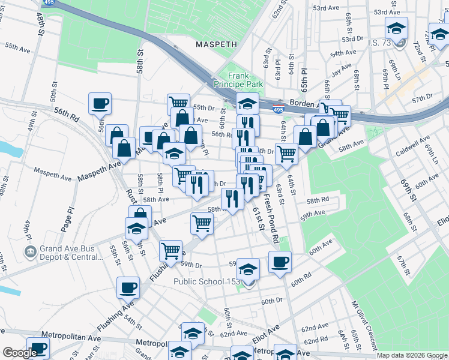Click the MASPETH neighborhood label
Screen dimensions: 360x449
click(217, 44)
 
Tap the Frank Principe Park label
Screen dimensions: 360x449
click(246, 80)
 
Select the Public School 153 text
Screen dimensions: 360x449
click(206, 281)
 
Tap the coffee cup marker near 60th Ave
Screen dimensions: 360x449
click(280, 262)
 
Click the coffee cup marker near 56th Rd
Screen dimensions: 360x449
click(100, 103)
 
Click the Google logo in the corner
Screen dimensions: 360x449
click(19, 353)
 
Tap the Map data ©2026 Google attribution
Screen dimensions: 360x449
click(412, 355)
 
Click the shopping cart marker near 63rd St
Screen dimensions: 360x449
click(286, 154)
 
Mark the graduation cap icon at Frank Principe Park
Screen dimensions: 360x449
click(247, 103)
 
